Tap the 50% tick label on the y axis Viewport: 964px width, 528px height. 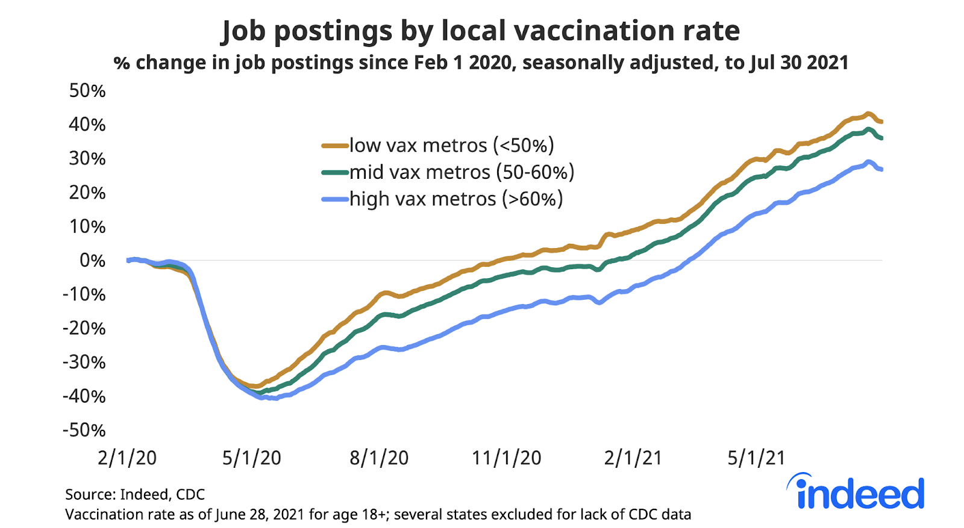coord(87,91)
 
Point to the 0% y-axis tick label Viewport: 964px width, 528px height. coord(92,261)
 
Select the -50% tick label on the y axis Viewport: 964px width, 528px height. coord(84,430)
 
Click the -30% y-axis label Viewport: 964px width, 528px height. coord(84,362)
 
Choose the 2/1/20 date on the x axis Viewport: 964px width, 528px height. coord(127,458)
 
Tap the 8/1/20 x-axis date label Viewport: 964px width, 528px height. coord(379,458)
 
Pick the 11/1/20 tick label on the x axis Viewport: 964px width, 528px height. coord(506,458)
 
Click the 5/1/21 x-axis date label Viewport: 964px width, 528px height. coord(756,458)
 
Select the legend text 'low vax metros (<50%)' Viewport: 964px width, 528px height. coord(451,145)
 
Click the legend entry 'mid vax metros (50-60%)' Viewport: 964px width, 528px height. coord(462,172)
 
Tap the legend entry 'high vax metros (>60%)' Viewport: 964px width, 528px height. coord(456,199)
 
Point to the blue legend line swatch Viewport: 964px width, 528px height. coord(335,199)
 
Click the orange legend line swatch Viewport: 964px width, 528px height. coord(335,145)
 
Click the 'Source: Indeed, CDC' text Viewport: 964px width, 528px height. coord(135,494)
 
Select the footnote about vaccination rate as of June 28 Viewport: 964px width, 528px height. coord(378,515)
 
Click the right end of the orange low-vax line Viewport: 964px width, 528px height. coord(881,122)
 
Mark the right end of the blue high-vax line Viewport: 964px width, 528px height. coord(881,169)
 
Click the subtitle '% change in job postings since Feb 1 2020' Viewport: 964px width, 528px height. coord(480,63)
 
